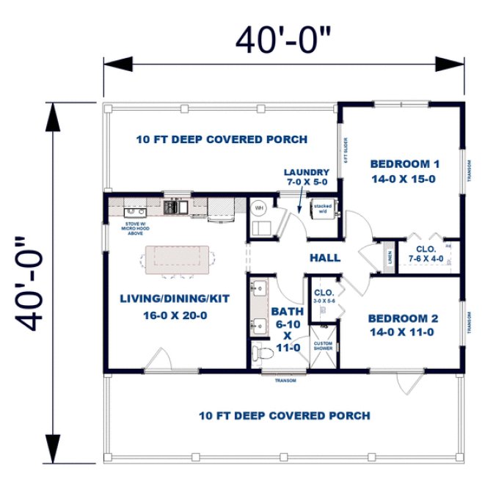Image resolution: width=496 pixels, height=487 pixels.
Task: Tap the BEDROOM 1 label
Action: (404, 170)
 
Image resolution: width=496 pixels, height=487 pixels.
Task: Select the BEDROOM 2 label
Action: (403, 325)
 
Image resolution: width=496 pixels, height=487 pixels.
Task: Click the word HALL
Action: (324, 257)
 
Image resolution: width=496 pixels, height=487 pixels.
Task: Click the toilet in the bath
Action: (259, 353)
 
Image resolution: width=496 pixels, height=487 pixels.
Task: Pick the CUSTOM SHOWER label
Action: (323, 346)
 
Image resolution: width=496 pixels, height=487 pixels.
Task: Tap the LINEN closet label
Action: (390, 258)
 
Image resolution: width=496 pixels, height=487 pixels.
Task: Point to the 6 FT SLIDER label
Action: (343, 151)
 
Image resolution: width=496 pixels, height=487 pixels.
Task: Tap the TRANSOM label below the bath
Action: (285, 381)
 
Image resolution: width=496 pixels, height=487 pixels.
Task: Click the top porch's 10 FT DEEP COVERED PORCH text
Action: (222, 139)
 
